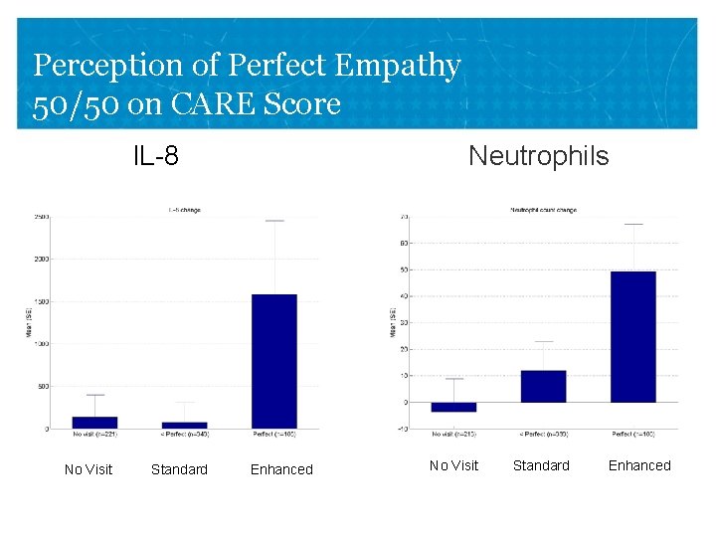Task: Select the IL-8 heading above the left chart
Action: coord(156,156)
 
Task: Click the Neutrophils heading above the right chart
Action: coord(538,156)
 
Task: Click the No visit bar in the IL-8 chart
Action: coord(94,423)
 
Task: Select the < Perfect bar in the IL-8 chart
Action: coord(184,425)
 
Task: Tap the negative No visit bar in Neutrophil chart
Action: coord(453,407)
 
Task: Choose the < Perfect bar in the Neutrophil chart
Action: coord(543,386)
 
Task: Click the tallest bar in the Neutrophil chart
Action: coord(632,336)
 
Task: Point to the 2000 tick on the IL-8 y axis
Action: coord(42,259)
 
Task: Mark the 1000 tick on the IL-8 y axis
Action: coord(42,344)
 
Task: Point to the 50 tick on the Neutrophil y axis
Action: coord(404,269)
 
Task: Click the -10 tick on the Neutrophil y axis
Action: coord(402,429)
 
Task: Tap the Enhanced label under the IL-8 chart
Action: coord(281,469)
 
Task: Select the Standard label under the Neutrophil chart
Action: coord(541,465)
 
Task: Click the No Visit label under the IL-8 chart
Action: coord(89,469)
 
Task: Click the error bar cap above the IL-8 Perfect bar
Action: coord(274,221)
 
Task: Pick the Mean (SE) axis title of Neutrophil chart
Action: coord(392,322)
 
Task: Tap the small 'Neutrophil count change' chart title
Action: coord(543,210)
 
